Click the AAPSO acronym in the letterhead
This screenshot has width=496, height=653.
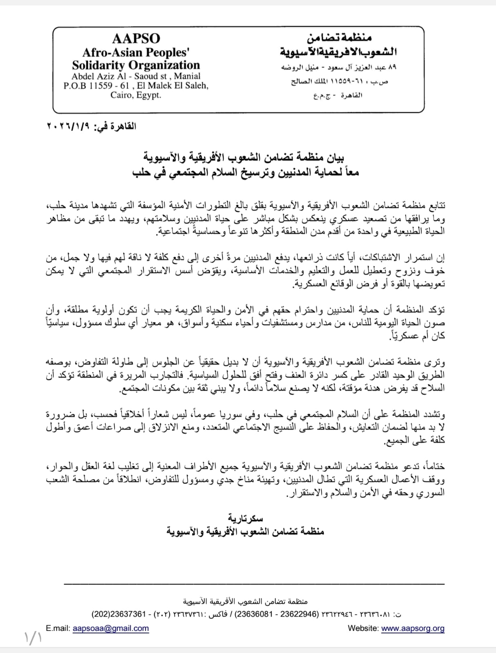tap(136, 38)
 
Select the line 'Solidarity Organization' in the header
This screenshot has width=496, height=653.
tap(136, 65)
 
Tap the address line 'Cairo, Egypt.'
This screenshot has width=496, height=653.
tap(136, 95)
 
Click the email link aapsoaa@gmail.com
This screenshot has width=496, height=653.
tap(111, 628)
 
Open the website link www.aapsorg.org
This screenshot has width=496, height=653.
tap(413, 628)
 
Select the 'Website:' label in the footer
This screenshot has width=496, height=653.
tap(363, 628)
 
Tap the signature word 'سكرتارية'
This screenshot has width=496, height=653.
tap(245, 519)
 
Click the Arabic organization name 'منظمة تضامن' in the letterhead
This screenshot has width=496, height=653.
tap(339, 38)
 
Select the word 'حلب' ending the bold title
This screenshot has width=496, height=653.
tap(142, 172)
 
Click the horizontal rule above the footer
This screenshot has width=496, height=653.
tap(254, 584)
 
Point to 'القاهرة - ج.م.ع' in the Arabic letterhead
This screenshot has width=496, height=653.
tap(338, 95)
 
